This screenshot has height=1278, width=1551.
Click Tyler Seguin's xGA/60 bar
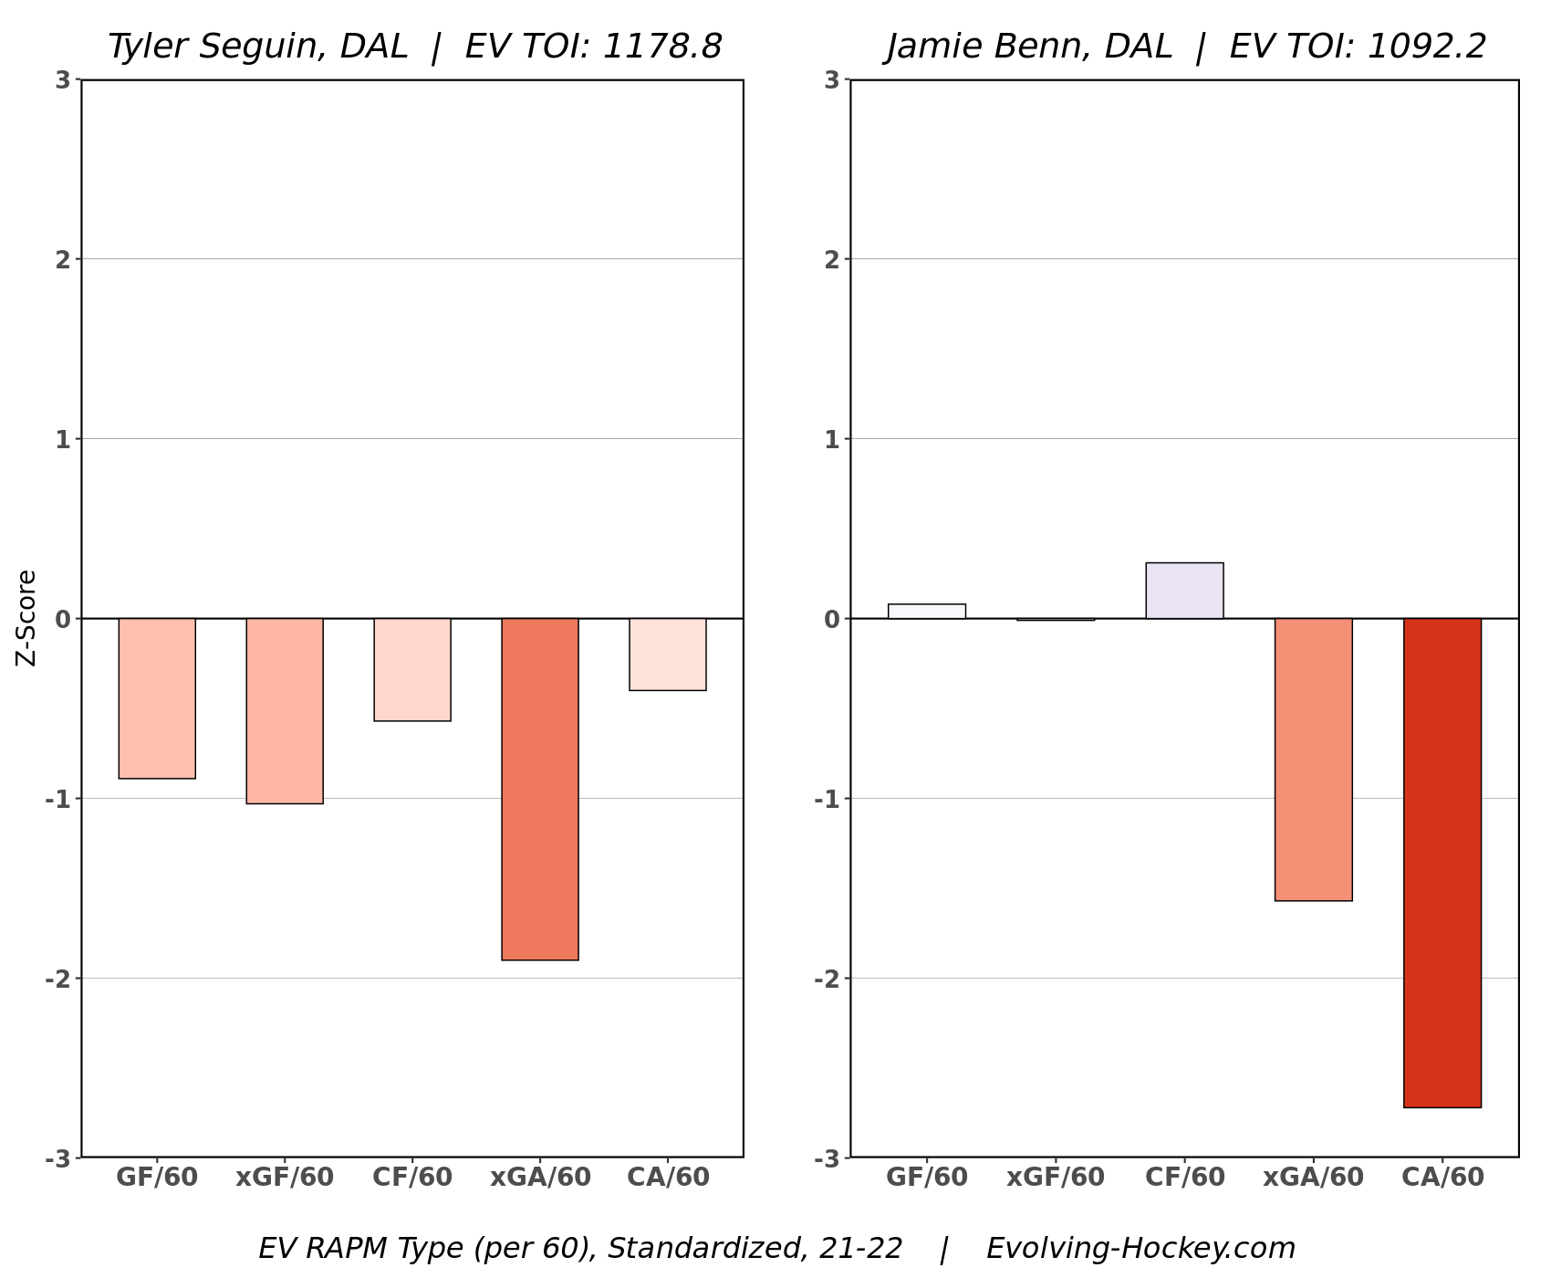539,789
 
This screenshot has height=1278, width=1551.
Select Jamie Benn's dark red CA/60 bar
1442,863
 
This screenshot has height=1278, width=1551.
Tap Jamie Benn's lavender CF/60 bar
1184,591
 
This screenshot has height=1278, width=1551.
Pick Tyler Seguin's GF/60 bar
157,698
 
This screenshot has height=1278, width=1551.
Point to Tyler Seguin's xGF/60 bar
285,710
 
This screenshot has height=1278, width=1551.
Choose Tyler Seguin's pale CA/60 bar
668,654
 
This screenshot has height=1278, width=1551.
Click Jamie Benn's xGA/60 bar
1313,759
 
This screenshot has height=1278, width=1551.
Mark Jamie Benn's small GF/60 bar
926,612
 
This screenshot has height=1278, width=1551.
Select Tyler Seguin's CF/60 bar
412,669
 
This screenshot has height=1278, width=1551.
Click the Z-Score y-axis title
26,618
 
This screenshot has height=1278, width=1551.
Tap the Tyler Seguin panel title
415,47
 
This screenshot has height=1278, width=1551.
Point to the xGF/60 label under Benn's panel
1056,1178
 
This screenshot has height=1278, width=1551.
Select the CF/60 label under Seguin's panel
412,1178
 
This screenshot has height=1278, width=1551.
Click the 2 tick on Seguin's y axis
62,259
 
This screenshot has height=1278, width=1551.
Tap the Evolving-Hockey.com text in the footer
1140,1248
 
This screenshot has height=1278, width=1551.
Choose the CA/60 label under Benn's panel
1442,1178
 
